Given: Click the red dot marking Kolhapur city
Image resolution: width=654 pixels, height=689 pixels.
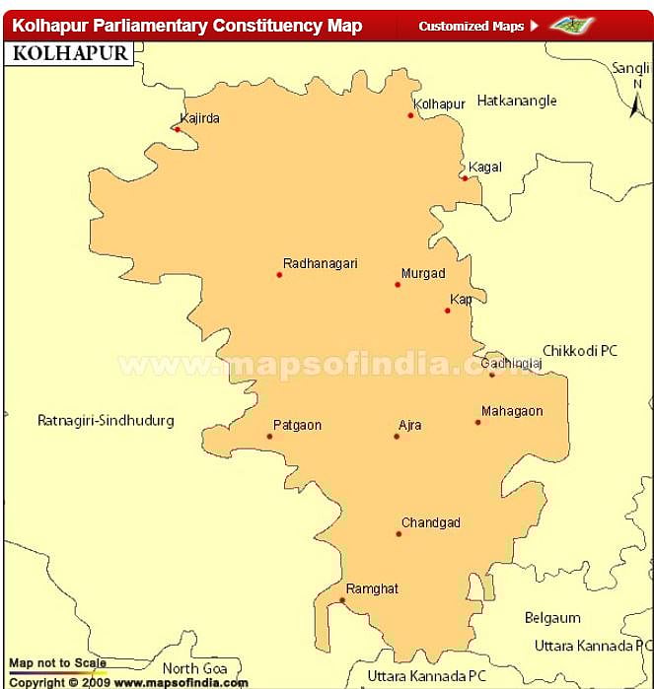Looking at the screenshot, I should (410, 115).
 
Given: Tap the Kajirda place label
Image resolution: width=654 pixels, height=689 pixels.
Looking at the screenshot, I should (200, 118).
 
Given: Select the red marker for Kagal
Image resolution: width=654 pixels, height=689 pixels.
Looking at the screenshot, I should (465, 178).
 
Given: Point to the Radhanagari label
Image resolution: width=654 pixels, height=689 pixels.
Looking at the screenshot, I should (320, 263).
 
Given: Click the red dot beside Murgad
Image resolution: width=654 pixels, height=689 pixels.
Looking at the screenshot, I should (398, 285).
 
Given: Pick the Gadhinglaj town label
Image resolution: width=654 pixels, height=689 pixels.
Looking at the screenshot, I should (512, 363).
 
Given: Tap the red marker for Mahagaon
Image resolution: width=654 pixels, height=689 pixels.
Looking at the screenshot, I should (477, 423).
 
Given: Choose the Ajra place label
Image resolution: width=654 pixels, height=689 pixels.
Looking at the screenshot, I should (409, 425).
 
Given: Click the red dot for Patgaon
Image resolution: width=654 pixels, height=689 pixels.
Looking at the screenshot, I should (269, 437).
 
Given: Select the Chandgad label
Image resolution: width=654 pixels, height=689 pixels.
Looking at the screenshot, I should (430, 522).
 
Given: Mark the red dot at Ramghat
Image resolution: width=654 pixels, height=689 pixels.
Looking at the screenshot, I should (342, 600).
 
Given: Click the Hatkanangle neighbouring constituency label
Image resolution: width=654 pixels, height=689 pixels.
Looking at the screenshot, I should (517, 101).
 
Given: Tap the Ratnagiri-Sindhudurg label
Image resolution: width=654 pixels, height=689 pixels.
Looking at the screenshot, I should (106, 421).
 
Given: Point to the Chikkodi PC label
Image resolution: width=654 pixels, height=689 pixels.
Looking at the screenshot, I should (580, 351).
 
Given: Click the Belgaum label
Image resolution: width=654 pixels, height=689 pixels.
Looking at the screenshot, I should (552, 619).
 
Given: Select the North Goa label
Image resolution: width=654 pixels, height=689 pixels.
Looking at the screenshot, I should (195, 668).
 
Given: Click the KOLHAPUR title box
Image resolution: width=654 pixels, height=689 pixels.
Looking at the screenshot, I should (69, 52).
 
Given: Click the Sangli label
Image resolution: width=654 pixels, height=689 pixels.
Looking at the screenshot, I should (631, 68).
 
